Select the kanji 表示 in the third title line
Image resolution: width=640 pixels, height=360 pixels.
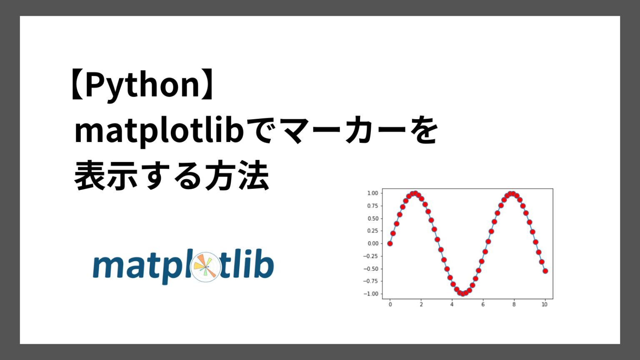[x=106, y=175]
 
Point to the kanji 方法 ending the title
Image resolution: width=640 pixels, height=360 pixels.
[x=237, y=175]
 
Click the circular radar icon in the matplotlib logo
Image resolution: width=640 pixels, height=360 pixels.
[x=205, y=267]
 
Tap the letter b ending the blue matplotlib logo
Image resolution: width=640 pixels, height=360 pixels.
[x=265, y=264]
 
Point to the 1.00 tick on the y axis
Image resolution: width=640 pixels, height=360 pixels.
[x=372, y=193]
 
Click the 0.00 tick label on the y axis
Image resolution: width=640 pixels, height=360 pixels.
[x=372, y=244]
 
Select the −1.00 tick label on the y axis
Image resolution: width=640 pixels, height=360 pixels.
[x=370, y=294]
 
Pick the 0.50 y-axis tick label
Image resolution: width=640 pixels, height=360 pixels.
[x=372, y=219]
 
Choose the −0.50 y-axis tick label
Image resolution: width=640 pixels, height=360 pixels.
[x=370, y=269]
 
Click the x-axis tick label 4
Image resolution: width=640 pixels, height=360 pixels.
[x=452, y=305]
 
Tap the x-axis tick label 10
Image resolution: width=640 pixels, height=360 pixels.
[x=545, y=305]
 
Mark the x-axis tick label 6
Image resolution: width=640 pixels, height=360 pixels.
[x=483, y=305]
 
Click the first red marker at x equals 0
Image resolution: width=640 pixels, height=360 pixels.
[x=390, y=244]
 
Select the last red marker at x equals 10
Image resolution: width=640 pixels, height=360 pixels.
[x=545, y=271]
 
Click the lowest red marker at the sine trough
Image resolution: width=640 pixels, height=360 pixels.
[x=463, y=294]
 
